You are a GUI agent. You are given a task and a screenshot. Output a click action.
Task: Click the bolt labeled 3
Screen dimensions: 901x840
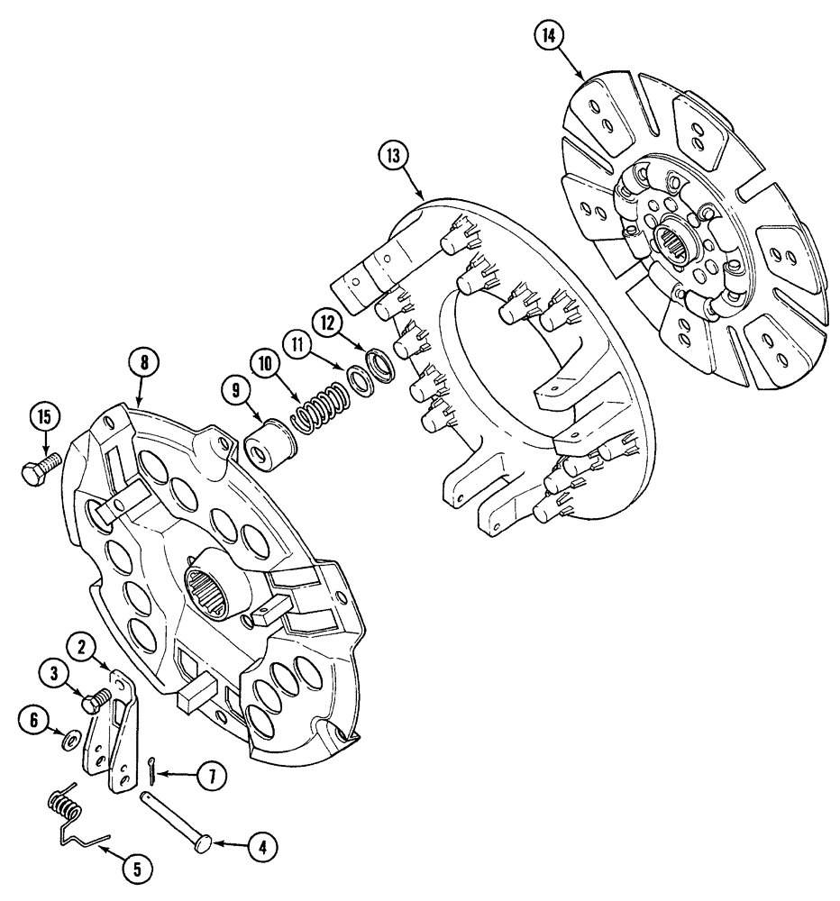point(95,701)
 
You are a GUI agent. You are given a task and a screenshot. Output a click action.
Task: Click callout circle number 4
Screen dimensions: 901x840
point(262,846)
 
